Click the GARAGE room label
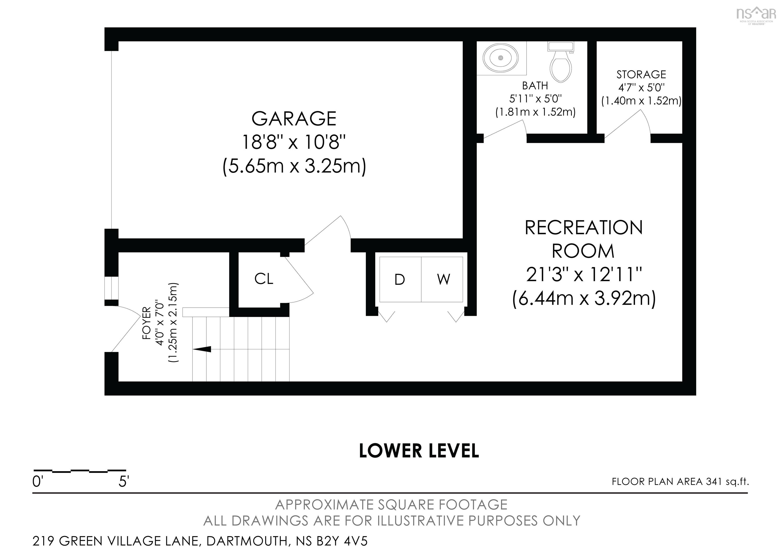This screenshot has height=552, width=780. tap(294, 118)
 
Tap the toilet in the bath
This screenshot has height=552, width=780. tap(561, 65)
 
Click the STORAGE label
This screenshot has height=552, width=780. tap(641, 74)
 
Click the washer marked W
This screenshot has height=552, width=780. tap(443, 280)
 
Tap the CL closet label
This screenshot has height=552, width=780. tap(264, 279)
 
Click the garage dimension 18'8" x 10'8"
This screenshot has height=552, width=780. tap(294, 142)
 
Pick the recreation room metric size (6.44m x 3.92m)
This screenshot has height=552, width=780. tap(584, 298)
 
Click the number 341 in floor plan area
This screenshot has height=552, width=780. tap(713, 482)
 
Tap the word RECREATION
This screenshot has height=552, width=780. tap(584, 228)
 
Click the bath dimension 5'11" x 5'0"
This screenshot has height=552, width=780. tap(535, 99)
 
